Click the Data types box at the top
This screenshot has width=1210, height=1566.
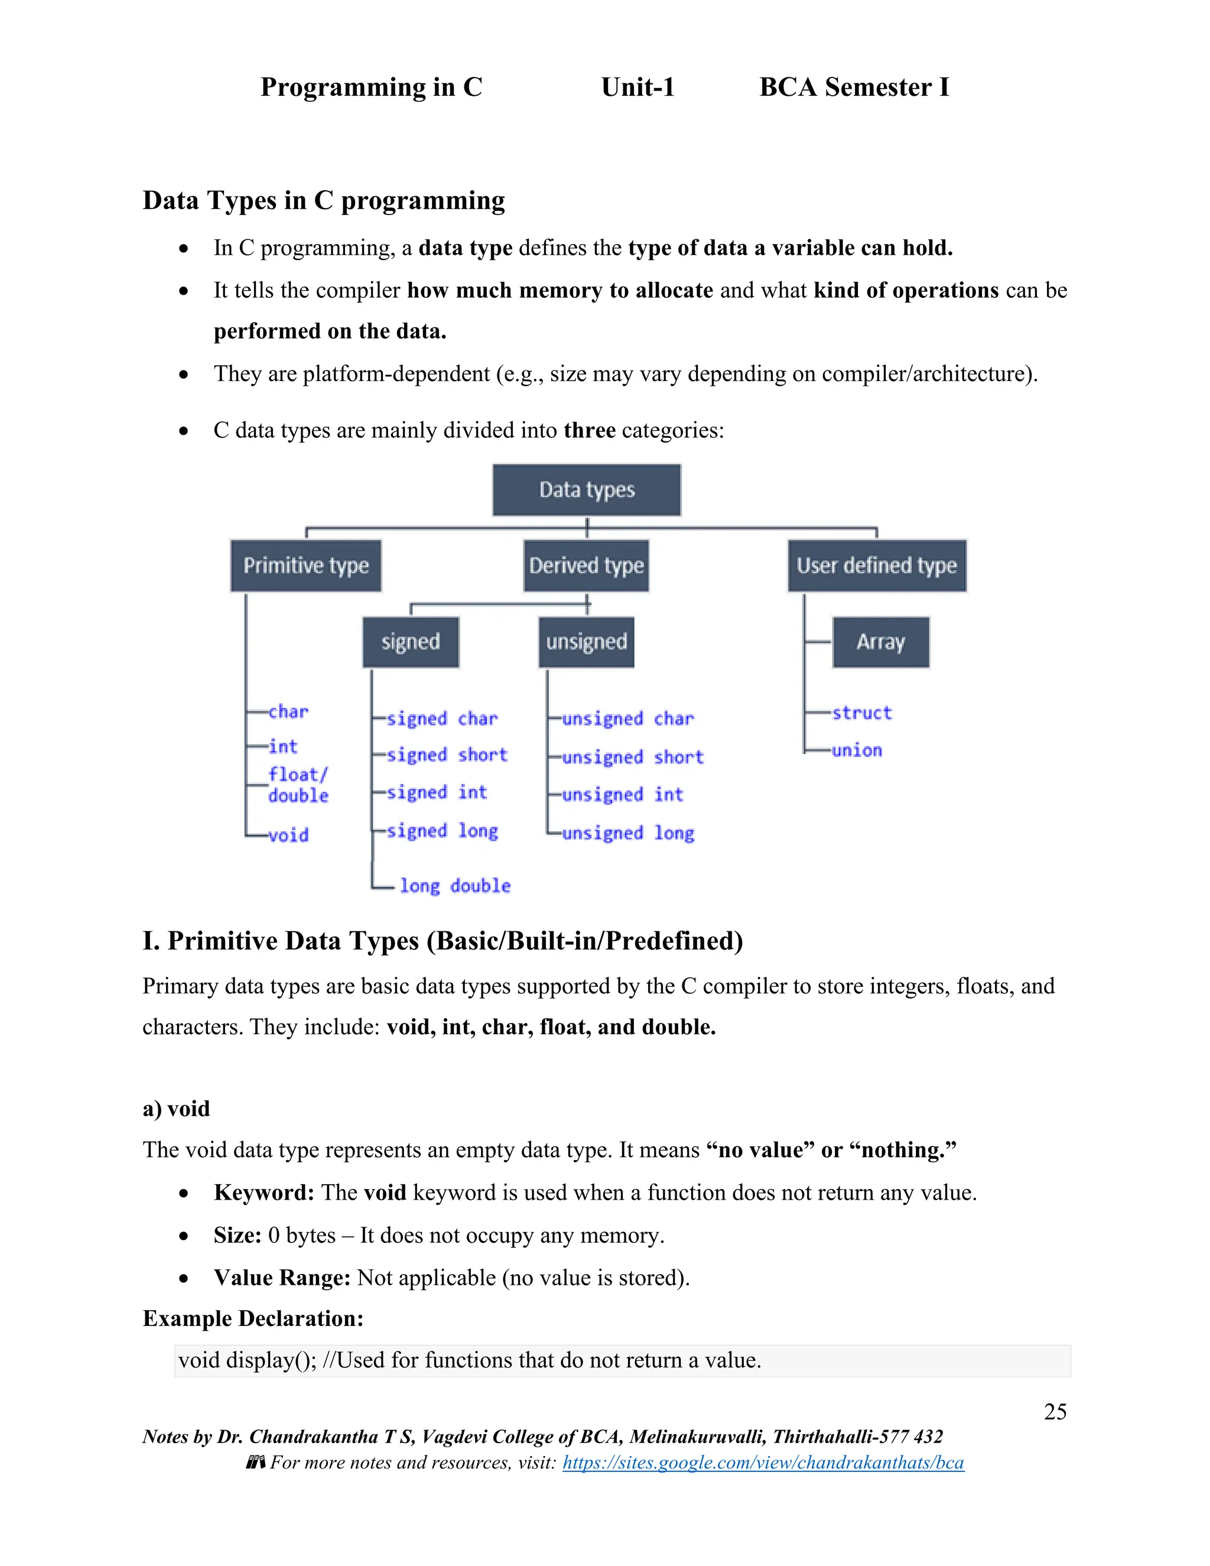586,490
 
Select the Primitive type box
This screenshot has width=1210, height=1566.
305,566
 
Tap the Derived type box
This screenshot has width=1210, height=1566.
586,566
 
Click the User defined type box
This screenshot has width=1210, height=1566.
876,566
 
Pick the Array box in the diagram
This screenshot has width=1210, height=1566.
880,642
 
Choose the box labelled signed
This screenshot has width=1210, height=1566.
410,642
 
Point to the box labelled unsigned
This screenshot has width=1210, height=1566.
586,642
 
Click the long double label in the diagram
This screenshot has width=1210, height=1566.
454,886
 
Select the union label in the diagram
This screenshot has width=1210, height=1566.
857,750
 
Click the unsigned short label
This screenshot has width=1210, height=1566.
632,757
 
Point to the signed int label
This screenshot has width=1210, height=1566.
437,792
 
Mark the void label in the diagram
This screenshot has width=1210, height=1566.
288,836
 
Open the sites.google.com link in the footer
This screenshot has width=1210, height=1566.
763,1463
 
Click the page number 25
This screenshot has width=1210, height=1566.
1055,1412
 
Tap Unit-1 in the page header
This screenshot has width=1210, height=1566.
637,87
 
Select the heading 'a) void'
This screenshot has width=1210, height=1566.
176,1109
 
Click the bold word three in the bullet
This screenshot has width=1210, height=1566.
589,430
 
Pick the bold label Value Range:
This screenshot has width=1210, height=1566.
282,1278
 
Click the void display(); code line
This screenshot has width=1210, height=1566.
470,1360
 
